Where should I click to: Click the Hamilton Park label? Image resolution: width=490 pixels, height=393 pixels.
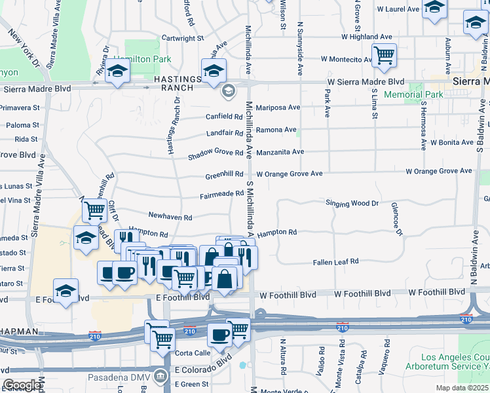143,59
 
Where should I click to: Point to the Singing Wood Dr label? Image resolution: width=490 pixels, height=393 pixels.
352,203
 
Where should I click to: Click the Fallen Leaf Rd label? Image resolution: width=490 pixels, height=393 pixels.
335,261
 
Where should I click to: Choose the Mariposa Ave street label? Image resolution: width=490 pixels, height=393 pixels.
278,107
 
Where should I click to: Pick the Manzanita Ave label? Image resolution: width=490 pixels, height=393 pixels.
280,152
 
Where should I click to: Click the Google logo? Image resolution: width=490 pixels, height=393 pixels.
22,385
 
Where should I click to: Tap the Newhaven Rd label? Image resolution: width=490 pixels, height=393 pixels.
170,216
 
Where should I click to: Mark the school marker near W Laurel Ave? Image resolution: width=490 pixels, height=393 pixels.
434,9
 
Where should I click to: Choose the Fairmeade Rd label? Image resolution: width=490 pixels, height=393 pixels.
222,195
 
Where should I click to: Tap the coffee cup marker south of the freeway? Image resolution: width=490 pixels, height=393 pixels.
219,335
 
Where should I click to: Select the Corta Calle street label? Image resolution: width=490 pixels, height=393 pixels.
193,352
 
